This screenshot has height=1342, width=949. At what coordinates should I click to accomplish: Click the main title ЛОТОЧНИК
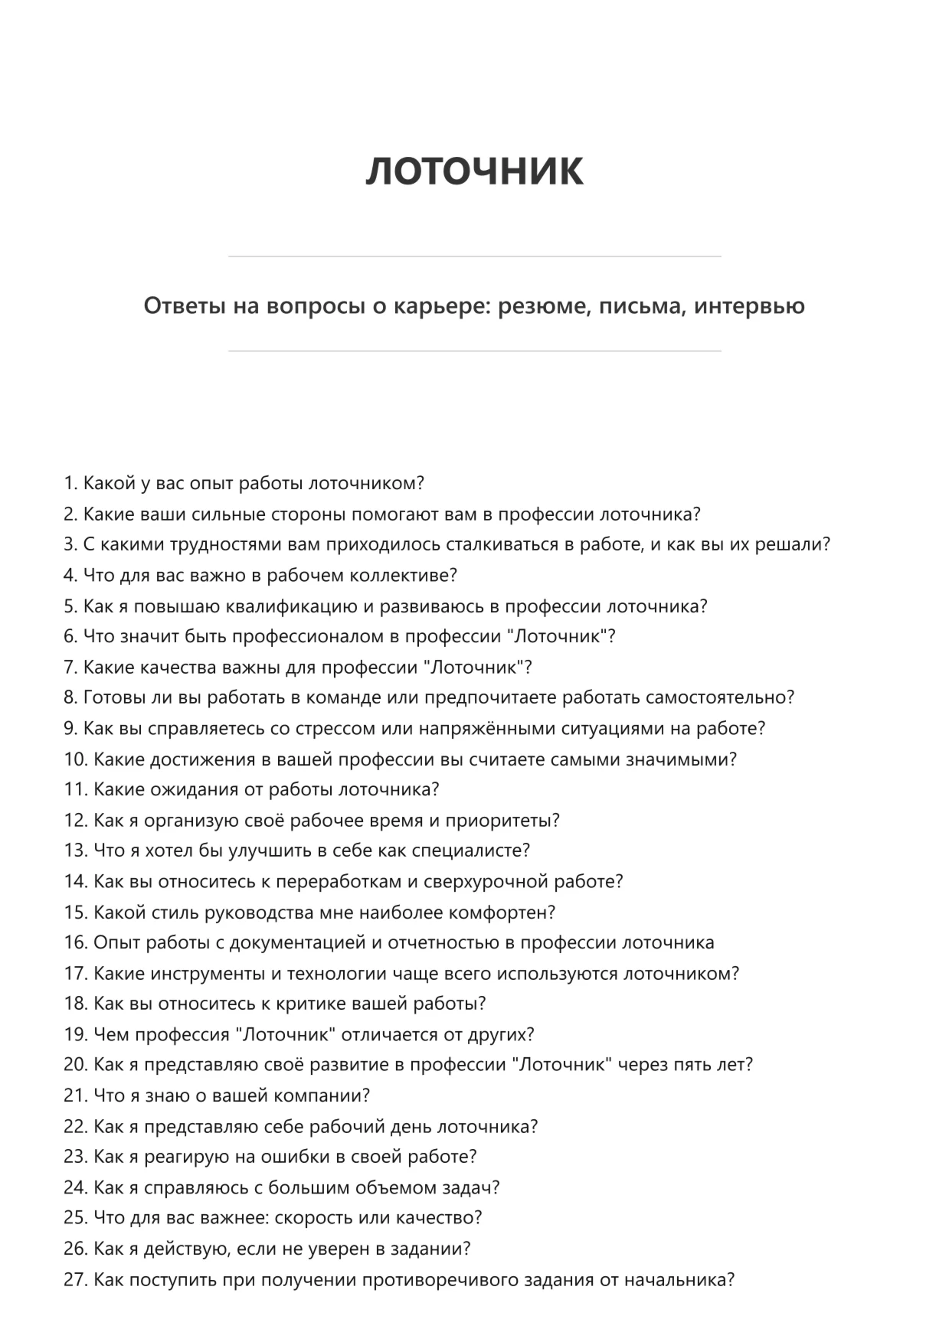coord(474,171)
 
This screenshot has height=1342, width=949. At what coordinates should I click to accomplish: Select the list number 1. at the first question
coord(70,484)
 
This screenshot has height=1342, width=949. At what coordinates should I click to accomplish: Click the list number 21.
coord(76,1095)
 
